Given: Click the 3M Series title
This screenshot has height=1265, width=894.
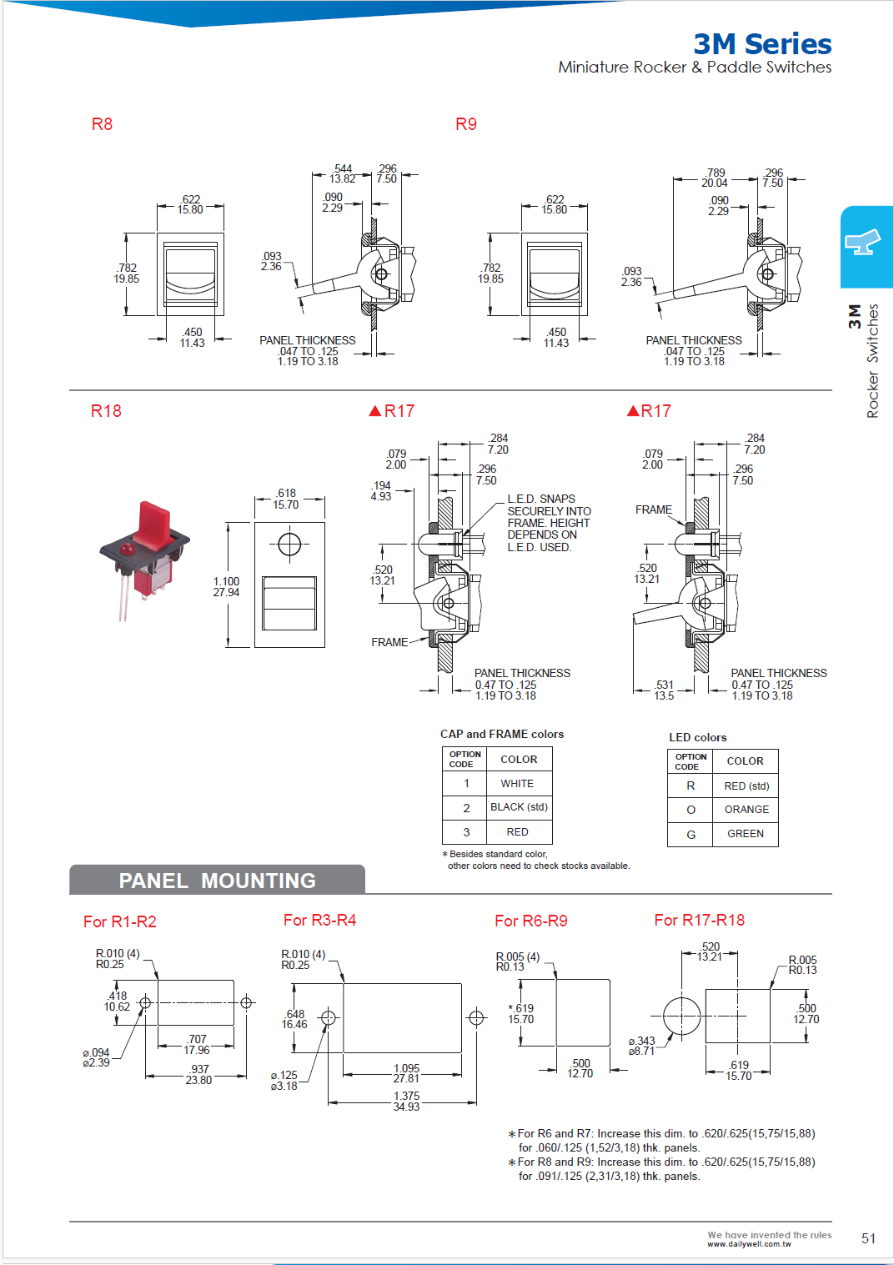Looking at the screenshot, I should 762,44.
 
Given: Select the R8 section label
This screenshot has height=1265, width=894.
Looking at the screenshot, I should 102,124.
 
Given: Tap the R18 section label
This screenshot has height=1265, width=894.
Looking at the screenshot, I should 106,411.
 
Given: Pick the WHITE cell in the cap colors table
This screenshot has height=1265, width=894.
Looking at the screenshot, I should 517,784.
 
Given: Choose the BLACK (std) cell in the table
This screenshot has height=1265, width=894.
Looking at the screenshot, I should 519,807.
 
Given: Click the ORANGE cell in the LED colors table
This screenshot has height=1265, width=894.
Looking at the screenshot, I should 746,810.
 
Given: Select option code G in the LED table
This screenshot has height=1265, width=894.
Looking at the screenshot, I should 691,834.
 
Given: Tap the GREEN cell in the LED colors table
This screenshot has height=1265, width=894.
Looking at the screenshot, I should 746,834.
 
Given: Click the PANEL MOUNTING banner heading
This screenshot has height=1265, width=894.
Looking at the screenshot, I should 217,881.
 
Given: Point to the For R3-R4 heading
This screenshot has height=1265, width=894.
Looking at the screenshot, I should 319,920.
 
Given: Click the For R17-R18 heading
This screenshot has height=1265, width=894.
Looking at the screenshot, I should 699,920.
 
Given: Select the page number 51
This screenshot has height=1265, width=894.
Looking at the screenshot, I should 868,1238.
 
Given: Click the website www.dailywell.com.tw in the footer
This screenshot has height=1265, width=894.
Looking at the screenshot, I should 749,1244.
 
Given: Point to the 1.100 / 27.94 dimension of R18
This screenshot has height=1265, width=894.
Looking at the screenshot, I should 226,587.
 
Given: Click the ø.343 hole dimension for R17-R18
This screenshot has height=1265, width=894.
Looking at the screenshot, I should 642,1046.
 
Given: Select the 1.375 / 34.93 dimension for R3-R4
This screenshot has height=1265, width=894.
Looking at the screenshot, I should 406,1102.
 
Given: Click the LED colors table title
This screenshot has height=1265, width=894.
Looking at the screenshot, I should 697,737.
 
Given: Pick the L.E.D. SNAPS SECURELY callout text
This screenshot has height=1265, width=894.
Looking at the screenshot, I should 549,523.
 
